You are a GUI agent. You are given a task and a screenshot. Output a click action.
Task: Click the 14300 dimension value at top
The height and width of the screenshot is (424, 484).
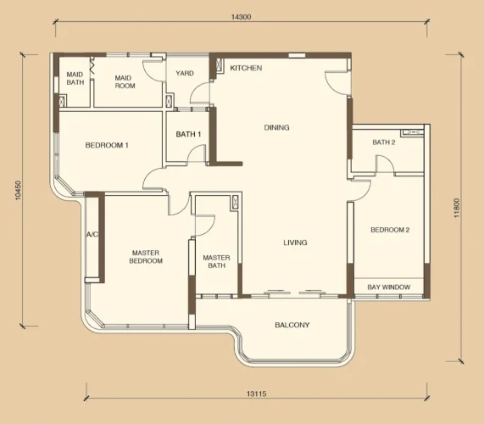point(241,17)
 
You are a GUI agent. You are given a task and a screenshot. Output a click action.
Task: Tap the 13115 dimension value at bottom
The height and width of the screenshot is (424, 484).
point(257,393)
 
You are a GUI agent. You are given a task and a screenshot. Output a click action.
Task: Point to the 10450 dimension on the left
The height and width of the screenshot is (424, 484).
point(19,190)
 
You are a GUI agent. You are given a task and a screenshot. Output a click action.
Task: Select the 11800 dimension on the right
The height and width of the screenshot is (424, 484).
point(457,208)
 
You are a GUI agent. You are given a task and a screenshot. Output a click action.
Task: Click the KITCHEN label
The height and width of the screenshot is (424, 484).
point(246,68)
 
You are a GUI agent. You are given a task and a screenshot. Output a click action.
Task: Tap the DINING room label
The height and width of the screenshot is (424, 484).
point(277,127)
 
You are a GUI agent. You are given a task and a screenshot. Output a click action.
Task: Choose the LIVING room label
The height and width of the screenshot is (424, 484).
point(295,243)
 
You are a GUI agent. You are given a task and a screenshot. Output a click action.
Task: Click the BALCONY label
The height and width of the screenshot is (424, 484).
point(292,325)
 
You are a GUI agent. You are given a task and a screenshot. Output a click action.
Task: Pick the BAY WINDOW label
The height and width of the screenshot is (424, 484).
point(389,287)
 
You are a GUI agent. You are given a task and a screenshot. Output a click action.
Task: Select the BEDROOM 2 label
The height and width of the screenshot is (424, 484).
point(390,230)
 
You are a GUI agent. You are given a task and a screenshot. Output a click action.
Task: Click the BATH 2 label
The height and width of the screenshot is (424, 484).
point(384,142)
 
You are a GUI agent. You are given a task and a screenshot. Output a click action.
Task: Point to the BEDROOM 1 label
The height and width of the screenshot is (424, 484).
point(107,145)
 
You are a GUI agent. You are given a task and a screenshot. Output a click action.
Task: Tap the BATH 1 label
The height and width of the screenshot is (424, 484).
point(189,134)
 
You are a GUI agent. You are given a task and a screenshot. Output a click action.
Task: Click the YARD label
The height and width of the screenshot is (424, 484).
point(185,73)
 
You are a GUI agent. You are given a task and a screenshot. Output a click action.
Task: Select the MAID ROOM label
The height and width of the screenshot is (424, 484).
point(125,82)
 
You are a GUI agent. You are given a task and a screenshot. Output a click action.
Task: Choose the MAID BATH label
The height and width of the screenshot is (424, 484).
point(75,78)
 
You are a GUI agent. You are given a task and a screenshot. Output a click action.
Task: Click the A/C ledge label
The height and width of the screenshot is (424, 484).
point(92,235)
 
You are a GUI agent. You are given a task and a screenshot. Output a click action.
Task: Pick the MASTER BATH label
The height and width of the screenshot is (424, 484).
point(216,261)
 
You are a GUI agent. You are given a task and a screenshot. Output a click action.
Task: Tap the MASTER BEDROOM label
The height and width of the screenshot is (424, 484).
point(146,257)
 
